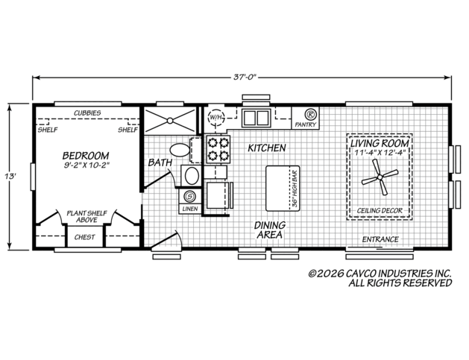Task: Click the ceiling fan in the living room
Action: point(380,177)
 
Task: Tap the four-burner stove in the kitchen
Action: point(218,149)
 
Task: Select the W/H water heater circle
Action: point(215,117)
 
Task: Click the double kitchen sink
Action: point(256,118)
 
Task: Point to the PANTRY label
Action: point(306,124)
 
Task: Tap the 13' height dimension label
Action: point(10,176)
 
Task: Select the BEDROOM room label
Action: point(86,156)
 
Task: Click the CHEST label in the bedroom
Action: point(85,237)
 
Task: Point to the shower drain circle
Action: point(170,121)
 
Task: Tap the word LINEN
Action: point(190,209)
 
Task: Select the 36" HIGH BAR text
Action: point(295,189)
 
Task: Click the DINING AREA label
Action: point(270,230)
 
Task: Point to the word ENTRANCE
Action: point(380,239)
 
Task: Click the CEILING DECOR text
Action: point(380,210)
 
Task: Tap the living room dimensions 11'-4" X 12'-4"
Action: point(380,153)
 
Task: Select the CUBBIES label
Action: point(87,113)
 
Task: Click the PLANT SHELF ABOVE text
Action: point(86,216)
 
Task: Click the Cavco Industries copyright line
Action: point(380,274)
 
